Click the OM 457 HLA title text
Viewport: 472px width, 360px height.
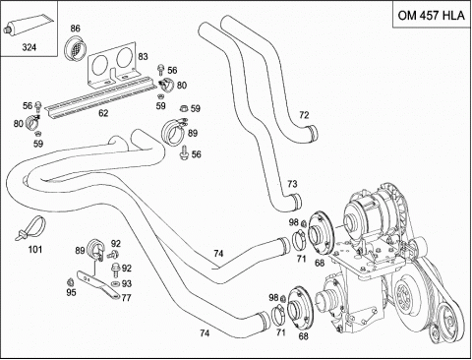[x=431, y=15]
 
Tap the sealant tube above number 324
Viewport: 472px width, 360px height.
[x=28, y=24]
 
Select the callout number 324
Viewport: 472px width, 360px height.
[x=29, y=47]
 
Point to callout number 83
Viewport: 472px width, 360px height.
[x=143, y=56]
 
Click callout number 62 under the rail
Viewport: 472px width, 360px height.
[x=103, y=113]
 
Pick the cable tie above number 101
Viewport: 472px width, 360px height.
[x=31, y=228]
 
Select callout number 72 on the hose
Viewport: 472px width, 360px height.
[x=304, y=115]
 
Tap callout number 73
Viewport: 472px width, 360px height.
[x=292, y=184]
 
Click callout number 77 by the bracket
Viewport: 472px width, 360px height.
[x=126, y=298]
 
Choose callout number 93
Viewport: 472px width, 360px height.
[x=127, y=283]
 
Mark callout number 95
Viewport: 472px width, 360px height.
[x=71, y=292]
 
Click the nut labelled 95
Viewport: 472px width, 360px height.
[x=70, y=282]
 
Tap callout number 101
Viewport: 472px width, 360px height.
[x=35, y=250]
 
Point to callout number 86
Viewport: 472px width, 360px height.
[x=75, y=29]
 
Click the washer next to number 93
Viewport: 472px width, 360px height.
[x=115, y=283]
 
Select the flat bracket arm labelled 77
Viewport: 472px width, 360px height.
[x=99, y=284]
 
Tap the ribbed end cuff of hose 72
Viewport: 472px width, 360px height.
[x=314, y=134]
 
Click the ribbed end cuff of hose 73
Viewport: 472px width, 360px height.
[x=296, y=201]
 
